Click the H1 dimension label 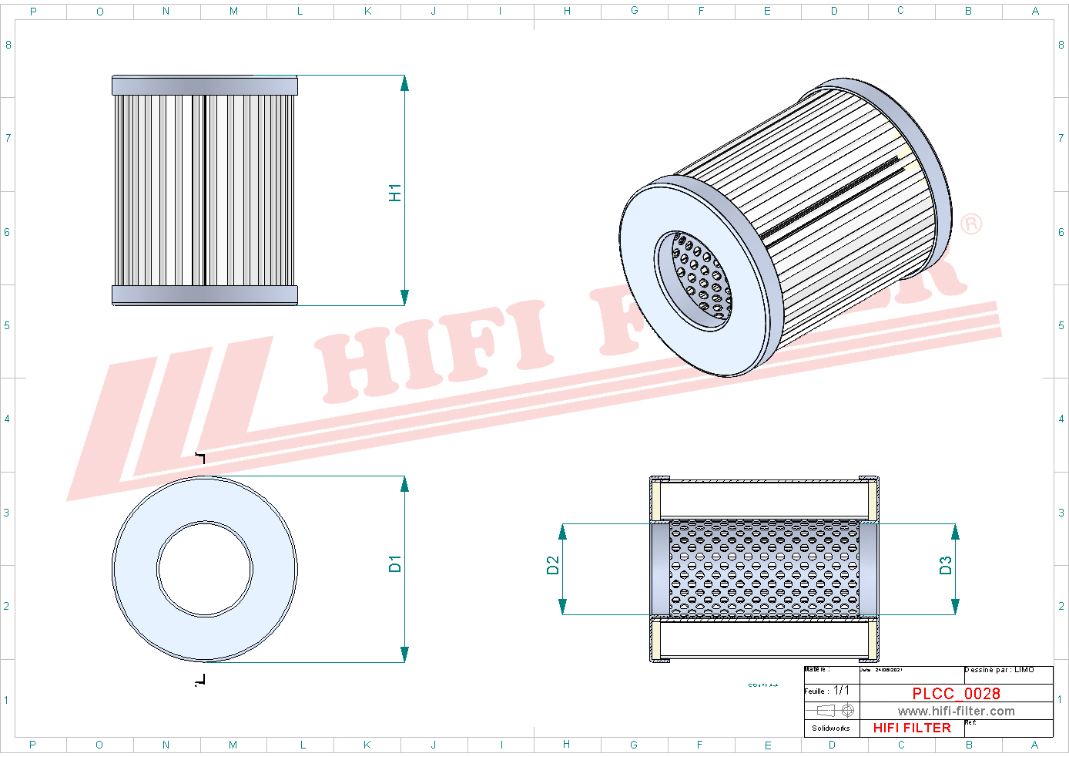pyautogui.click(x=395, y=193)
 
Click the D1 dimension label pyautogui.click(x=395, y=564)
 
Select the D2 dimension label pyautogui.click(x=553, y=566)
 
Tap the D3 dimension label pyautogui.click(x=946, y=566)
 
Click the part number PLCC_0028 pyautogui.click(x=956, y=693)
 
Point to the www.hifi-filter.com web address pyautogui.click(x=956, y=711)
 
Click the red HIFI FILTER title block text pyautogui.click(x=912, y=728)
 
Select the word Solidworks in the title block pyautogui.click(x=831, y=728)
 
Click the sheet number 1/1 pyautogui.click(x=842, y=691)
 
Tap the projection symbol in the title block pyautogui.click(x=836, y=710)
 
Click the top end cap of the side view pyautogui.click(x=205, y=86)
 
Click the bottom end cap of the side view pyautogui.click(x=205, y=294)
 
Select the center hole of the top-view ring pyautogui.click(x=205, y=569)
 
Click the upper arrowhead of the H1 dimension pyautogui.click(x=404, y=83)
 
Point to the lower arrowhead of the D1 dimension pyautogui.click(x=404, y=654)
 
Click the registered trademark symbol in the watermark pyautogui.click(x=971, y=224)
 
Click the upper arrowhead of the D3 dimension pyautogui.click(x=955, y=532)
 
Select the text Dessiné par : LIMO pyautogui.click(x=999, y=670)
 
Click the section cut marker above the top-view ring pyautogui.click(x=201, y=458)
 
